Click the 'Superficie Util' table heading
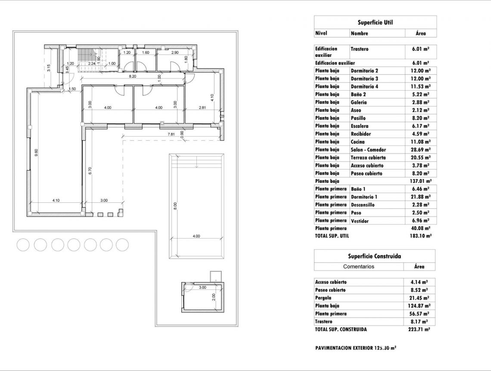pos(375,22)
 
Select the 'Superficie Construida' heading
pos(374,256)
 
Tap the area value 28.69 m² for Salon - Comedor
pos(420,150)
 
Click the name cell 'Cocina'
pos(357,142)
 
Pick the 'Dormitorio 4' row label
pos(364,87)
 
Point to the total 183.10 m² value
pos(420,236)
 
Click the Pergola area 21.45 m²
pos(420,298)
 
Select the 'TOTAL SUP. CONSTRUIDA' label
pos(341,329)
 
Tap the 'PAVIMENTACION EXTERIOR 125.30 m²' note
pos(355,348)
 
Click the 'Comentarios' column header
pos(359,267)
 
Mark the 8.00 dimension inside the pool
pos(175,206)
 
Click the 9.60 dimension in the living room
pos(36,153)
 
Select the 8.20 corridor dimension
pos(133,76)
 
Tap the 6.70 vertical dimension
pos(90,170)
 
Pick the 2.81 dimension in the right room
pos(202,107)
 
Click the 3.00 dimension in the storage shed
pos(202,287)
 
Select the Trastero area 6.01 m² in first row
pos(420,49)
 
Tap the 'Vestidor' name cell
pos(360,221)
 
